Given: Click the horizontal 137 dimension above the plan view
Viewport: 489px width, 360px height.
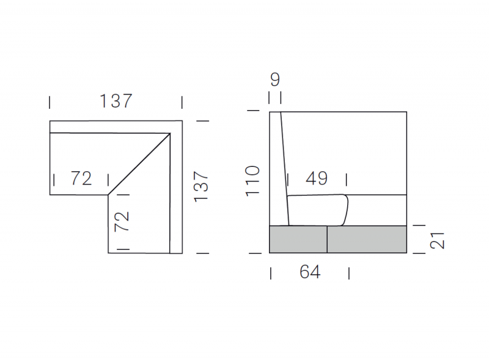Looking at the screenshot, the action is click(x=116, y=101).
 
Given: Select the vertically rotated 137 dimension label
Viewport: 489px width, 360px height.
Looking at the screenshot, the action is click(x=201, y=186).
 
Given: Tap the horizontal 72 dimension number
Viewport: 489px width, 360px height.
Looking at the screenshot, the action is click(x=81, y=178).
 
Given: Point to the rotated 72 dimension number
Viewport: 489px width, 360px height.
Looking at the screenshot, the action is click(x=122, y=221).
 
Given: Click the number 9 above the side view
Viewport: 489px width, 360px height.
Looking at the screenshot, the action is click(x=275, y=79).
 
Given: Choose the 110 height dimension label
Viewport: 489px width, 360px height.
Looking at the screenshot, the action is click(x=252, y=181).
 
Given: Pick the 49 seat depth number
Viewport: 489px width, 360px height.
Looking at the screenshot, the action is click(x=317, y=178).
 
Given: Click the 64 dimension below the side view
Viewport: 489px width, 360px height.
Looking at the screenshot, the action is click(x=310, y=272).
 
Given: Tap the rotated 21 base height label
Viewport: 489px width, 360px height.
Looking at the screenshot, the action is click(x=437, y=241).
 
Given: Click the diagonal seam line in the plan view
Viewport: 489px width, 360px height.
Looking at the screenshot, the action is click(x=139, y=164).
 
